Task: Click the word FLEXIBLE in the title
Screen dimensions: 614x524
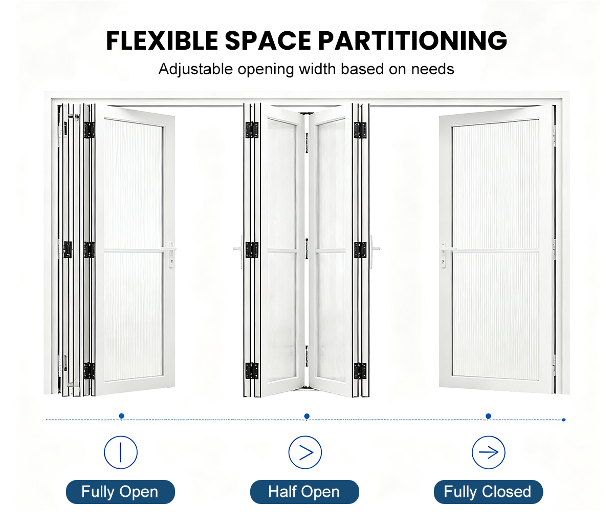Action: (x=162, y=40)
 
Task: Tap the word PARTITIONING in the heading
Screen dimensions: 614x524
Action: (x=412, y=40)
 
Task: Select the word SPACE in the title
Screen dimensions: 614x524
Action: (x=268, y=40)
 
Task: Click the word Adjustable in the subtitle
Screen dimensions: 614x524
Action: (x=196, y=70)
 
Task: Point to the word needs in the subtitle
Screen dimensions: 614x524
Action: (x=432, y=69)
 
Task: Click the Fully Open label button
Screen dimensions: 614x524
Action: (x=120, y=492)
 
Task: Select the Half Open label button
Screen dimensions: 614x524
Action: (x=304, y=492)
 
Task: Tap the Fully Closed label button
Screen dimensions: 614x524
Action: (x=488, y=492)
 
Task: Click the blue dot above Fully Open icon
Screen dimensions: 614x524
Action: (x=121, y=416)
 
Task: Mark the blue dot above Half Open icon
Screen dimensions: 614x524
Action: (x=307, y=416)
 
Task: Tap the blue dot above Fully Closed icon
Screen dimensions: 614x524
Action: (x=488, y=416)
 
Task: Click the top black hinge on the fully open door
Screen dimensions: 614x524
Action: (x=89, y=130)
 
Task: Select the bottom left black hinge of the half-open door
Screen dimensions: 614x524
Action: (x=252, y=371)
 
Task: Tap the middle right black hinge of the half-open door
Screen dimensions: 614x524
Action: (x=360, y=250)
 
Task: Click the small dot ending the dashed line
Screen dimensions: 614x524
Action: (x=564, y=420)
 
